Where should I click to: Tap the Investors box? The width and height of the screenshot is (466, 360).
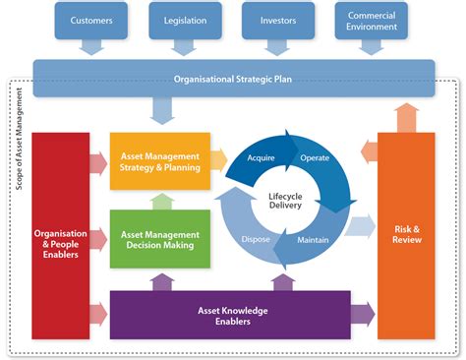pyautogui.click(x=278, y=19)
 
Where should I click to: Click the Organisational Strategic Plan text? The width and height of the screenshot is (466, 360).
pyautogui.click(x=232, y=78)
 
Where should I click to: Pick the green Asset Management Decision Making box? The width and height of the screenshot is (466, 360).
pyautogui.click(x=159, y=240)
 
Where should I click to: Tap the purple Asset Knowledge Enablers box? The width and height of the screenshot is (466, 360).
pyautogui.click(x=229, y=315)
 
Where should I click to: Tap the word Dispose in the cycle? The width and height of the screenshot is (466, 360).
pyautogui.click(x=256, y=238)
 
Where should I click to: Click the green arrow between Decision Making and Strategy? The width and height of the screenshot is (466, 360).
pyautogui.click(x=159, y=201)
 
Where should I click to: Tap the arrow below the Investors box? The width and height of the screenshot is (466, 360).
pyautogui.click(x=278, y=48)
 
